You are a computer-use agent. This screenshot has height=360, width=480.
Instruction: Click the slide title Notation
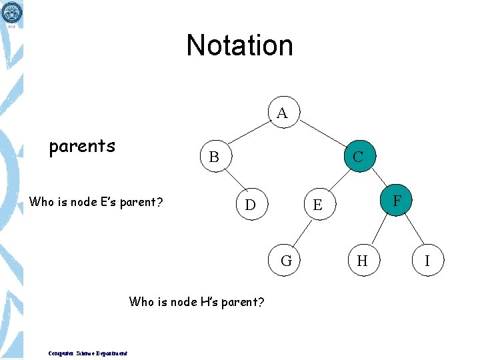pyautogui.click(x=239, y=45)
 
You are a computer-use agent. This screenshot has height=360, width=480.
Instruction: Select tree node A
pyautogui.click(x=282, y=113)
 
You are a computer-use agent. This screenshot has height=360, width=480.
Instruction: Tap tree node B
pyautogui.click(x=214, y=157)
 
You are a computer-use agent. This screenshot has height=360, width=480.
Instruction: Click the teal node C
pyautogui.click(x=359, y=157)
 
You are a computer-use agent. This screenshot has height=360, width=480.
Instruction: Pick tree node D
pyautogui.click(x=250, y=204)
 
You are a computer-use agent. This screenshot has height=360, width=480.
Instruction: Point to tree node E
pyautogui.click(x=318, y=205)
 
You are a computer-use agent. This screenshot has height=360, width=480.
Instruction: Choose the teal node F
pyautogui.click(x=397, y=199)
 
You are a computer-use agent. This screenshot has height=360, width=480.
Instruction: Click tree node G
pyautogui.click(x=286, y=260)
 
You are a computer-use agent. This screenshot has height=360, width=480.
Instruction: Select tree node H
pyautogui.click(x=362, y=260)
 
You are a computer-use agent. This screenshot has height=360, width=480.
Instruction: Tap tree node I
pyautogui.click(x=427, y=260)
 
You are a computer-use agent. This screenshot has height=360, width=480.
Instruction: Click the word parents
pyautogui.click(x=82, y=146)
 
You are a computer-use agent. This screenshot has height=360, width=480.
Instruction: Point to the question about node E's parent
pyautogui.click(x=97, y=201)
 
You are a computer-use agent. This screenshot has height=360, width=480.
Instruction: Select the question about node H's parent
pyautogui.click(x=197, y=302)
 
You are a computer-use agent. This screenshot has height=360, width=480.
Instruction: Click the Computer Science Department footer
pyautogui.click(x=88, y=353)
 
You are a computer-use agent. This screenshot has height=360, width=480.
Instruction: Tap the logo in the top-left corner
pyautogui.click(x=11, y=13)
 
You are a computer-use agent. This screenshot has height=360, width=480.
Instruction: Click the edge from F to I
pyautogui.click(x=413, y=229)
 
